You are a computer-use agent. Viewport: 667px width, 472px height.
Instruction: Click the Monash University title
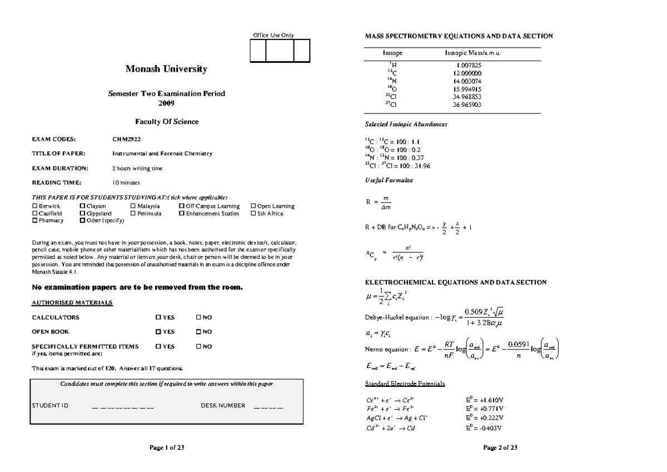pyautogui.click(x=166, y=70)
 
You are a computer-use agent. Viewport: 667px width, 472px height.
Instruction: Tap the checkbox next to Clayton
pyautogui.click(x=82, y=206)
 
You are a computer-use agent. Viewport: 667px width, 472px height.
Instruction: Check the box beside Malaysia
pyautogui.click(x=133, y=206)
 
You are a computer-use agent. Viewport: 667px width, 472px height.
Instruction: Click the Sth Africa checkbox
pyautogui.click(x=253, y=214)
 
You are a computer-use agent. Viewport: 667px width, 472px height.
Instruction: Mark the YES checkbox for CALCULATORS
pyautogui.click(x=158, y=318)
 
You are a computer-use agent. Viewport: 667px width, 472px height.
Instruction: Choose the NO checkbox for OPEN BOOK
pyautogui.click(x=198, y=332)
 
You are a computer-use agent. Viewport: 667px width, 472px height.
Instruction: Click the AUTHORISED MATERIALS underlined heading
pyautogui.click(x=72, y=303)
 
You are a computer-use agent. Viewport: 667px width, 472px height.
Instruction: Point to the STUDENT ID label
pyautogui.click(x=50, y=406)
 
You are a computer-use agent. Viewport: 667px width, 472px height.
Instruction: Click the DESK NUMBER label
pyautogui.click(x=222, y=406)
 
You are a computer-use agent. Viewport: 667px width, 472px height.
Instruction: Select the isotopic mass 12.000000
pyautogui.click(x=467, y=73)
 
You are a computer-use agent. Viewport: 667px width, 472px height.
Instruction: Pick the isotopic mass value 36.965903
pyautogui.click(x=467, y=104)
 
